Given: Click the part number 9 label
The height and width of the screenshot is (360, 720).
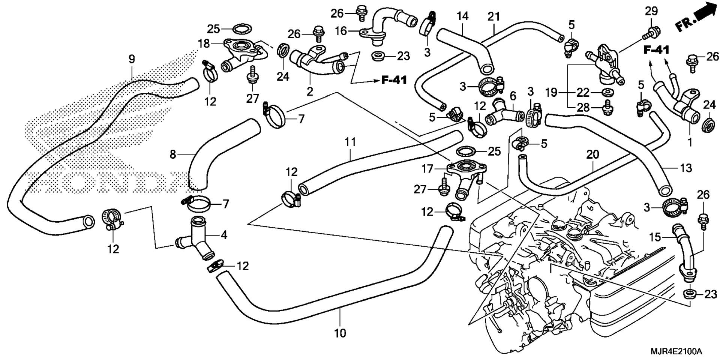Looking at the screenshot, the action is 131,59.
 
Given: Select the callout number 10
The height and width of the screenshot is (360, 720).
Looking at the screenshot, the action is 340,333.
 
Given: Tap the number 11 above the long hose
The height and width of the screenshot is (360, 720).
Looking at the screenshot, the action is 350,142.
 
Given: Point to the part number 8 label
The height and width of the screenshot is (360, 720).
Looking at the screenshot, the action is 172,154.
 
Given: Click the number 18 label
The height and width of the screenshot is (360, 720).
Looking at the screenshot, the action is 204,43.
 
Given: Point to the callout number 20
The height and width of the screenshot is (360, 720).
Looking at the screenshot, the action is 592,154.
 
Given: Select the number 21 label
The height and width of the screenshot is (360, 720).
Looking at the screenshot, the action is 494,16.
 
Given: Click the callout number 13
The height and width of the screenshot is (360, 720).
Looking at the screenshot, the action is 686,168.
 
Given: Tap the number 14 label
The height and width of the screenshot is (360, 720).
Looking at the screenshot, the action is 463,16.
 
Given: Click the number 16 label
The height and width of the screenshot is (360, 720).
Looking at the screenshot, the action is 341,31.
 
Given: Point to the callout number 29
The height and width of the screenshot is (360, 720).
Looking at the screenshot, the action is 651,11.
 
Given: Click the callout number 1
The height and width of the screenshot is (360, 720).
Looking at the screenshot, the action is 690,142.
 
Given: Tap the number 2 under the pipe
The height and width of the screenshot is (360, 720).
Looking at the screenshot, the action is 310,91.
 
